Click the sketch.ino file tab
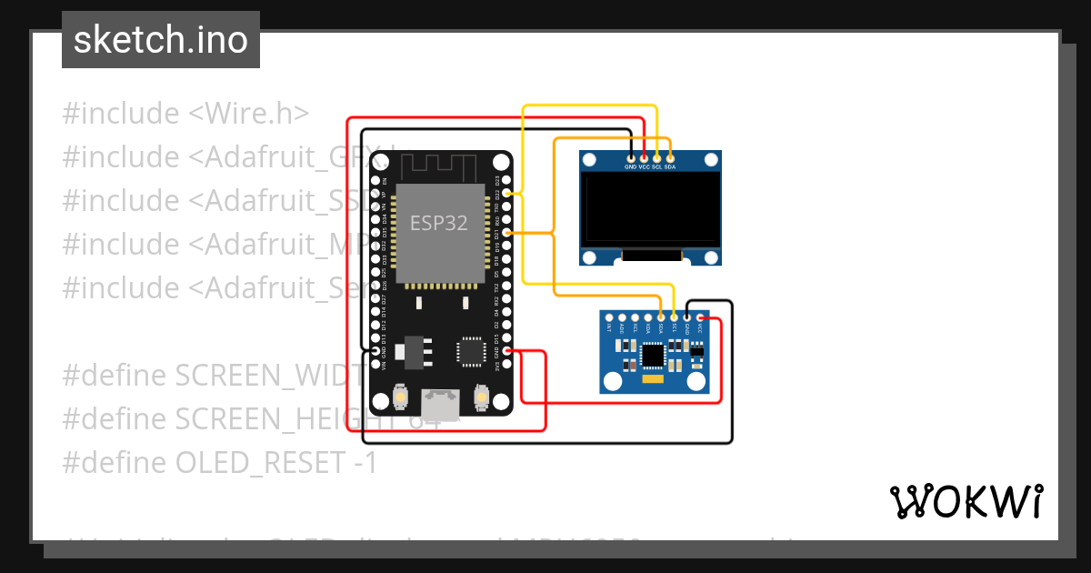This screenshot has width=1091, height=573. coord(160,40)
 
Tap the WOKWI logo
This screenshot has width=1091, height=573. coord(966,501)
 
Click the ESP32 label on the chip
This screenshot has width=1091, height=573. coord(439,222)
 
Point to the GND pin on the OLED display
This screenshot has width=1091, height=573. coord(630,156)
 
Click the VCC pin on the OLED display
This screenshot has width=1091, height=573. coord(644,156)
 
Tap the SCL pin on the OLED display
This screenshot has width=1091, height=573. coord(656,156)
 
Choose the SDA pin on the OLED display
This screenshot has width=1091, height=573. coord(670,156)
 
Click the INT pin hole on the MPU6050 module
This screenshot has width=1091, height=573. coord(608,317)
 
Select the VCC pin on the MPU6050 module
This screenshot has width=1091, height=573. coord(700,317)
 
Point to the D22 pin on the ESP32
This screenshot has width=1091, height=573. coord(507,193)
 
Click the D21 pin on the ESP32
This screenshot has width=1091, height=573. coord(507,233)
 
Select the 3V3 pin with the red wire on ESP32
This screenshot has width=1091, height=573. coord(507,351)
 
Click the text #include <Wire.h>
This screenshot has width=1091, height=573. coord(185,114)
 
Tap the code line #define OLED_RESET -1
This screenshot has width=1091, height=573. coord(219,462)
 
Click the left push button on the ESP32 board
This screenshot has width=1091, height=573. coord(399,397)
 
